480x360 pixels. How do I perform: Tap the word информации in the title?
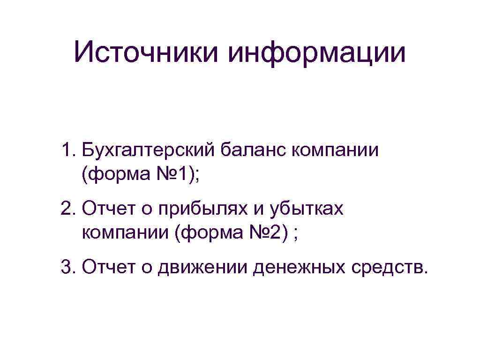[317, 52]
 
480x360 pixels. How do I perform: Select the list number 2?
[67, 209]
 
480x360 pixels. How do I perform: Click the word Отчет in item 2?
[105, 209]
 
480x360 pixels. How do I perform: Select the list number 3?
[67, 267]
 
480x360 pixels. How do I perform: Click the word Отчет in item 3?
[105, 267]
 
